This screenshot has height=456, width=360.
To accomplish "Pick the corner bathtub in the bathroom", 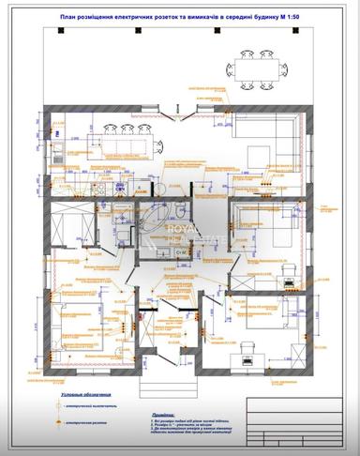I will pyautogui.click(x=166, y=187).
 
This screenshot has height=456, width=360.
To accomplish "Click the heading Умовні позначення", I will pyautogui.click(x=86, y=395).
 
